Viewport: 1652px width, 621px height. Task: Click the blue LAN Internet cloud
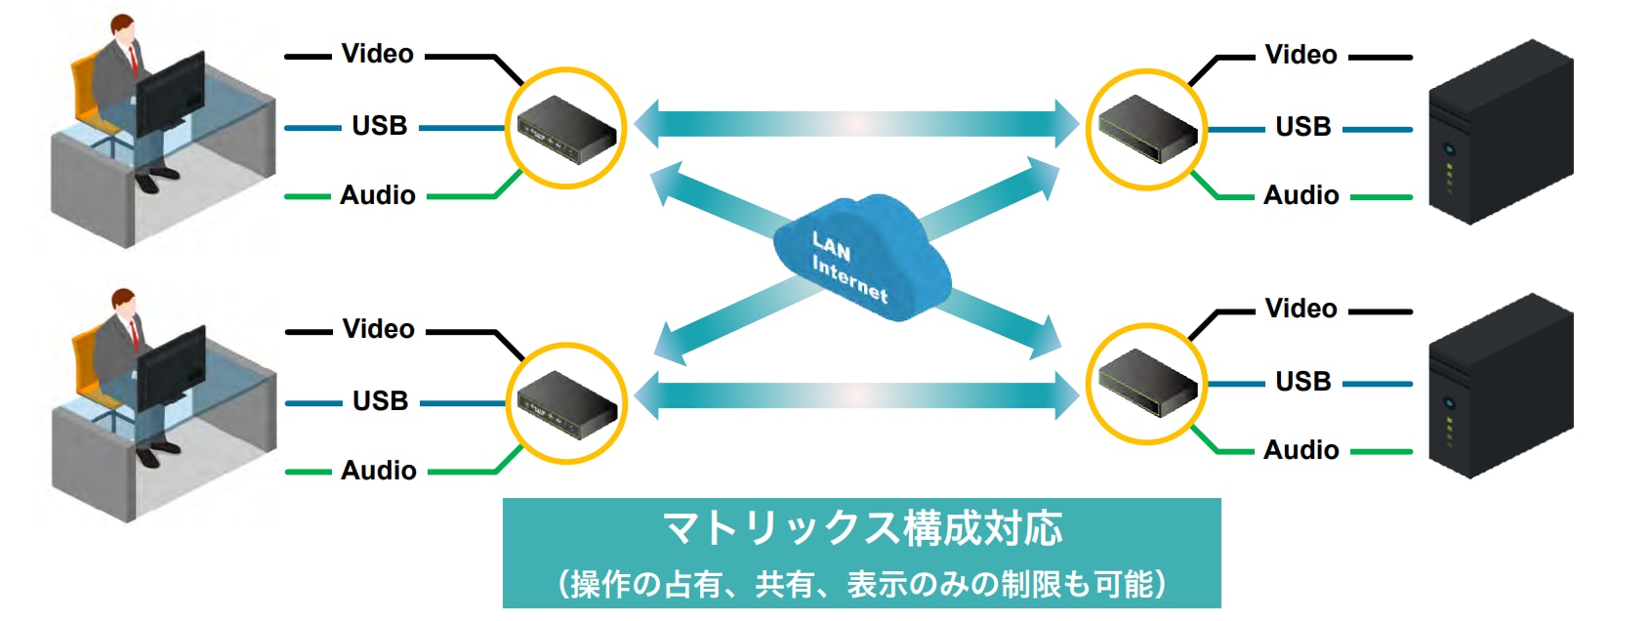click(861, 257)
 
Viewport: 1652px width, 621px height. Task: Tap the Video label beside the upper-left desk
click(378, 54)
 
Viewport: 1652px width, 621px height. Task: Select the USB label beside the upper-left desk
click(380, 125)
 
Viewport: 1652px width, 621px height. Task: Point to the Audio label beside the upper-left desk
click(378, 195)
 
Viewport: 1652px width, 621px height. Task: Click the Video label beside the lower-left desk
click(378, 329)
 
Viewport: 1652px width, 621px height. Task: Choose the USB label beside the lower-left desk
click(381, 400)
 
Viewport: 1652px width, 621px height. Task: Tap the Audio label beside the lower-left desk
click(378, 471)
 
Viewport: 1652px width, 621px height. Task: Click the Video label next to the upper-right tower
click(1301, 55)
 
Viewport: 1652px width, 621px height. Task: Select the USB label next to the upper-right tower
click(1303, 126)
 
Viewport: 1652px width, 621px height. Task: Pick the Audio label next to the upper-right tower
click(1301, 195)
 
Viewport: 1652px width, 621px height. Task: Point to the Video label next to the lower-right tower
click(1301, 309)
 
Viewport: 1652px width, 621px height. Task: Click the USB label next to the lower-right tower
click(1303, 382)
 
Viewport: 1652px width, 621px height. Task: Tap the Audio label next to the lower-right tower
click(1301, 450)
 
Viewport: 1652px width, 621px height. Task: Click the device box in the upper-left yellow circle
click(566, 129)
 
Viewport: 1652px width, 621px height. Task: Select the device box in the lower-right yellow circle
click(1147, 383)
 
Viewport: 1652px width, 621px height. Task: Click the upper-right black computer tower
click(1501, 133)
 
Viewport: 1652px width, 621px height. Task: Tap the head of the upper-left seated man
click(122, 25)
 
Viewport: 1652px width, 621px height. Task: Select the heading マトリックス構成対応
click(862, 528)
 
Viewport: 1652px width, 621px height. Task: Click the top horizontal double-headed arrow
click(856, 124)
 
